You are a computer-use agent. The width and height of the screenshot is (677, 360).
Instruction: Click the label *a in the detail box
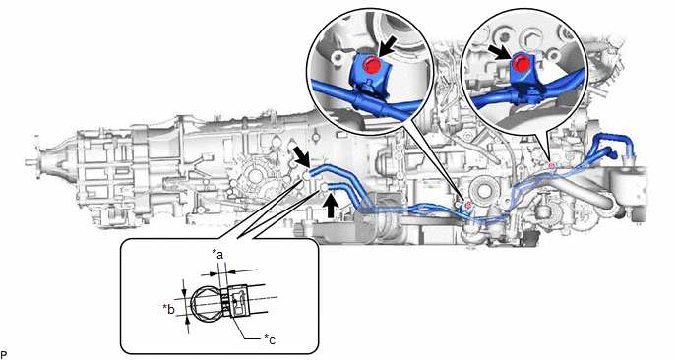(x=218, y=255)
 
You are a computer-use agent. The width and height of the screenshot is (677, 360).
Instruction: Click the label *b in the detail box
(x=169, y=309)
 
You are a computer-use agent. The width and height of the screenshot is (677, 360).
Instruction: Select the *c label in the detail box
(x=270, y=339)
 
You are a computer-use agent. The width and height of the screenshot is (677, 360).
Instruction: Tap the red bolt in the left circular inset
(x=372, y=66)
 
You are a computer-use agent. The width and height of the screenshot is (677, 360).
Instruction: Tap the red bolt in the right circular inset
(x=521, y=64)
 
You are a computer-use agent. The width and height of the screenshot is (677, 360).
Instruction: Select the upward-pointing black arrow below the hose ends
(x=332, y=206)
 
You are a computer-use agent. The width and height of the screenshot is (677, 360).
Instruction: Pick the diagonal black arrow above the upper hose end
(x=302, y=156)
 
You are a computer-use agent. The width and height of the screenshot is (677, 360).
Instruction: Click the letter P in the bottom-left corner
(x=4, y=355)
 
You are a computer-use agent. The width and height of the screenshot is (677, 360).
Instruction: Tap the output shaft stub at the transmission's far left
(x=31, y=163)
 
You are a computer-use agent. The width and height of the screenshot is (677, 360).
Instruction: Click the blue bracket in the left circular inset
(x=369, y=74)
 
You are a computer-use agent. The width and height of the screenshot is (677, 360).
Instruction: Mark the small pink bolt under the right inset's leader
(x=551, y=166)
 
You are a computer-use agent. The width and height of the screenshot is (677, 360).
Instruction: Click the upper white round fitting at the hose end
(x=306, y=176)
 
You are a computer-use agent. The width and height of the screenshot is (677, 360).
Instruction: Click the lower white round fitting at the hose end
(x=324, y=187)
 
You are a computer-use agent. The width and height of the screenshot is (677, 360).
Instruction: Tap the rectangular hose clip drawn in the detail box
(x=237, y=301)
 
